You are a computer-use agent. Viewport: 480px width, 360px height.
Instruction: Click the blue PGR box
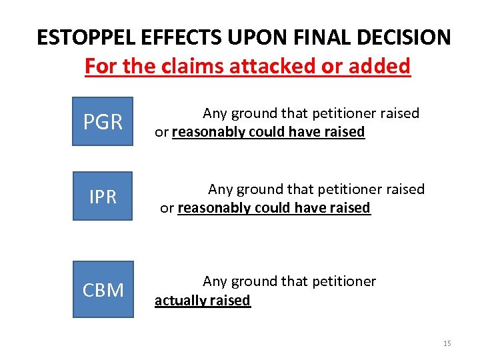(103, 122)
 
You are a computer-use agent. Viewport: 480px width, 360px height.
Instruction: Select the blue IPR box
(103, 197)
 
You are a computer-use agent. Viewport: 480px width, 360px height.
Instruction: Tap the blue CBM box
(103, 290)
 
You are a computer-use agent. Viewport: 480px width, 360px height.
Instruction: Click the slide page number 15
(447, 343)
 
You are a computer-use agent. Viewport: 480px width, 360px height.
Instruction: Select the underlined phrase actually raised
(203, 301)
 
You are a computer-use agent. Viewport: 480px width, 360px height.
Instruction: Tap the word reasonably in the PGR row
(209, 132)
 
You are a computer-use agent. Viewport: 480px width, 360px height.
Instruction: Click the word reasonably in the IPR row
(215, 208)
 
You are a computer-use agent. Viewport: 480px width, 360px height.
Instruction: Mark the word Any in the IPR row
(220, 189)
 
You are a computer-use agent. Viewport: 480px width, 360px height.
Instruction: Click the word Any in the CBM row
(215, 281)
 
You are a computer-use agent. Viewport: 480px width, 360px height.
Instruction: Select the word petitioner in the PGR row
(337, 113)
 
